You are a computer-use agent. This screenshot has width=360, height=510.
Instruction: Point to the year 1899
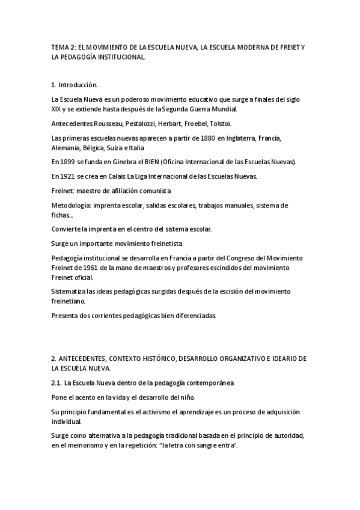tap(68, 162)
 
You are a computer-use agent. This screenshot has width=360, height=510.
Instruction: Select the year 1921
tap(68, 176)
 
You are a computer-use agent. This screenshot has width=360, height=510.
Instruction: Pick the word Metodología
tap(72, 205)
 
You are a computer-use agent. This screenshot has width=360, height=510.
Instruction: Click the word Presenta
tap(66, 315)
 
